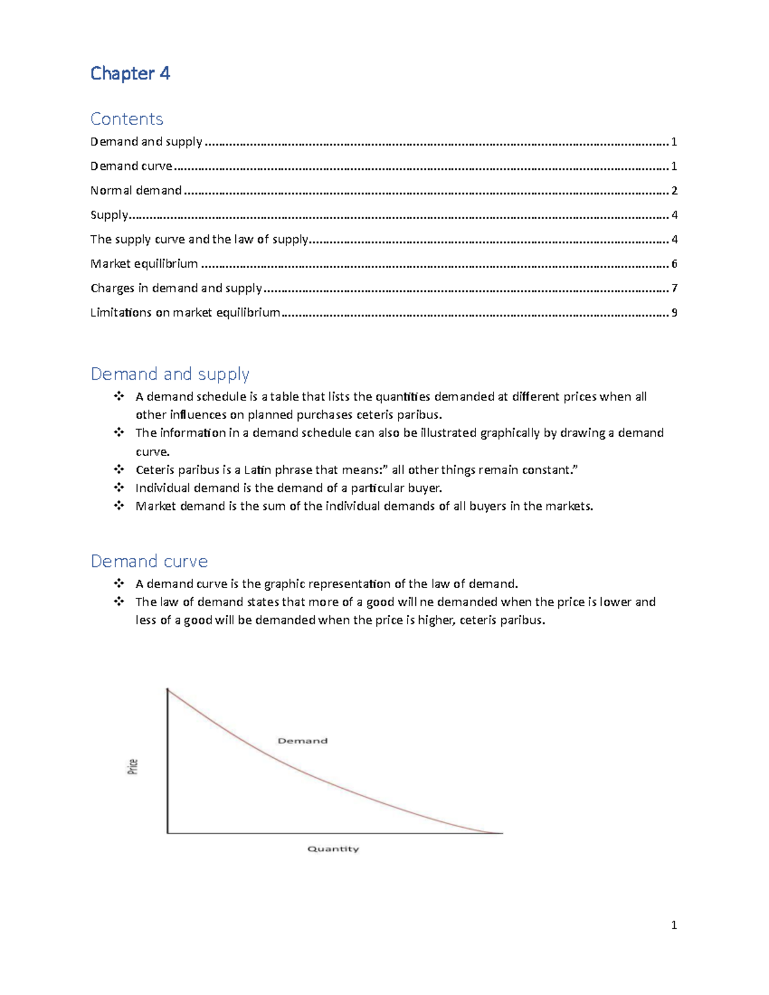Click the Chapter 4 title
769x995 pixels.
click(x=130, y=74)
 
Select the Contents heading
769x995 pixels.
click(x=127, y=119)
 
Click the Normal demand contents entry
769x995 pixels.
click(x=136, y=190)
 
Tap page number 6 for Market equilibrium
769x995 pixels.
click(x=674, y=264)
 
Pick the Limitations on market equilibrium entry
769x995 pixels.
click(x=185, y=313)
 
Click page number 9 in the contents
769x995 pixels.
click(x=674, y=313)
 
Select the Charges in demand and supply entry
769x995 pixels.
click(x=176, y=288)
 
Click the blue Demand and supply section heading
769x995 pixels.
click(x=170, y=374)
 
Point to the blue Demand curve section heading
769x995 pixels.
click(x=149, y=561)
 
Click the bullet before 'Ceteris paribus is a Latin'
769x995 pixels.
click(x=119, y=470)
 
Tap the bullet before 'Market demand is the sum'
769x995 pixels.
click(x=119, y=506)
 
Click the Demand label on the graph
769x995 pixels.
click(x=302, y=741)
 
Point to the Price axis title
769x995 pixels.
click(x=133, y=766)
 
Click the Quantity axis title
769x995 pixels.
click(x=333, y=849)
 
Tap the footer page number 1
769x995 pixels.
click(x=674, y=925)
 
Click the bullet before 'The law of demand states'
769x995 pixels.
click(x=119, y=602)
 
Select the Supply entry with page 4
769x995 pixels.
click(x=109, y=215)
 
